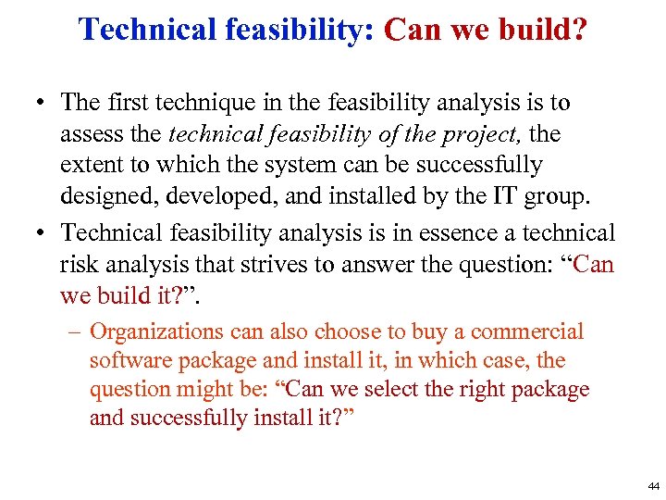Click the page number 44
coord(654,486)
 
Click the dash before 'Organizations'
coord(76,331)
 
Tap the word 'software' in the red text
coord(126,361)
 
